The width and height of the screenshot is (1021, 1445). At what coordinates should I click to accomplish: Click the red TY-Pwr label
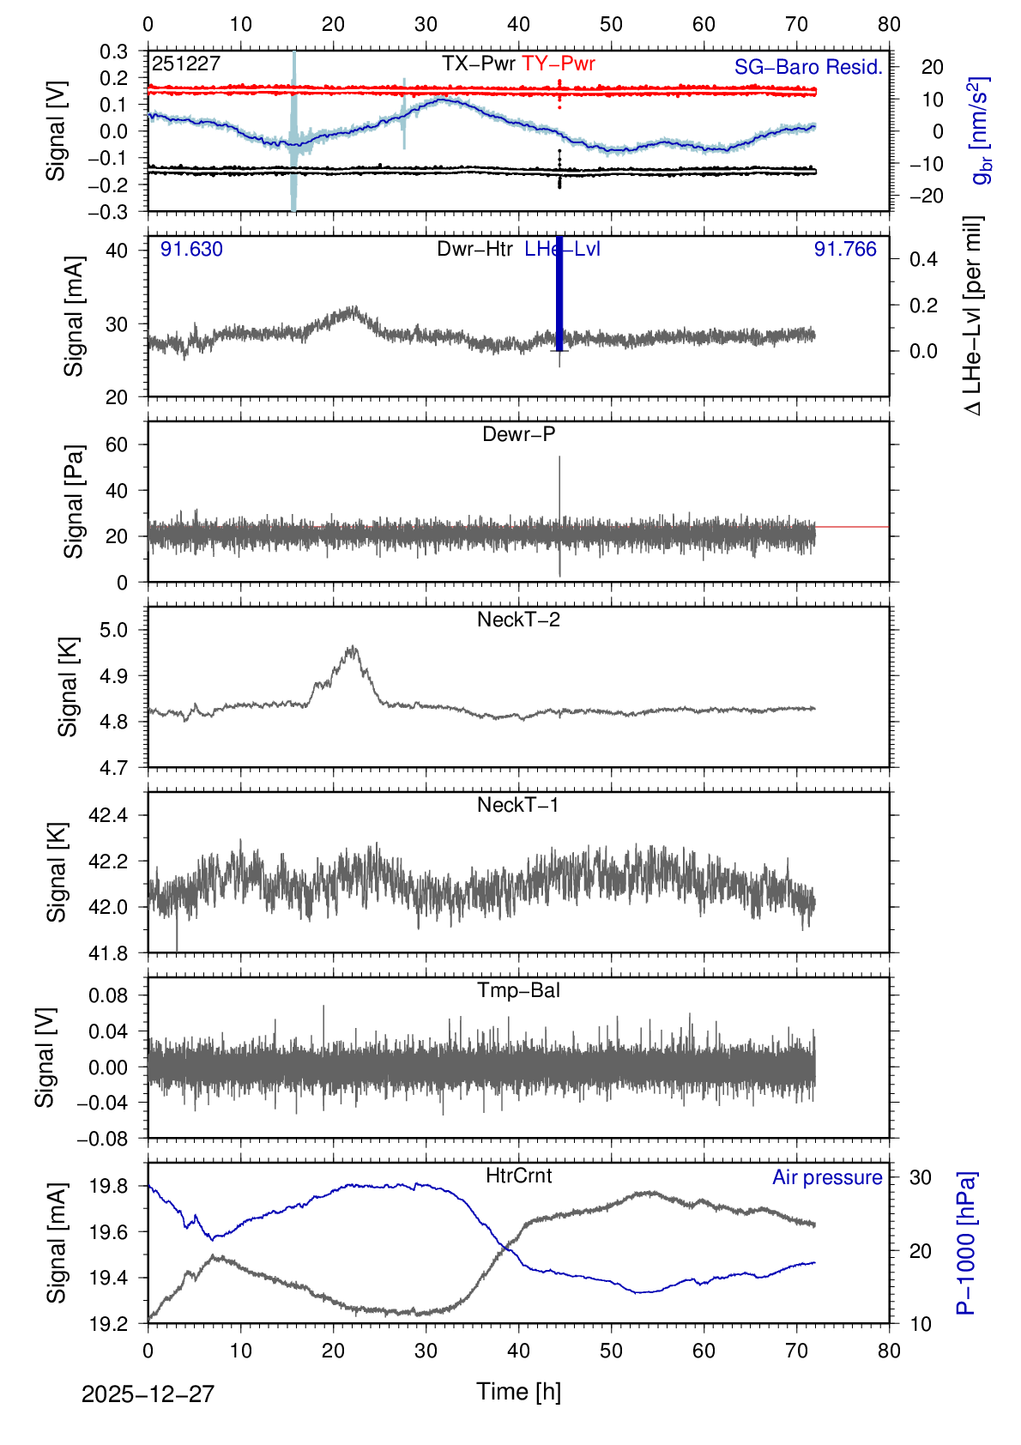point(558,63)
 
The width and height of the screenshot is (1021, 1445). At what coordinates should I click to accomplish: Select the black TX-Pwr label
point(479,63)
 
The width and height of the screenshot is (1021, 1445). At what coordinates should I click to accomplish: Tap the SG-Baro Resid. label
point(808,67)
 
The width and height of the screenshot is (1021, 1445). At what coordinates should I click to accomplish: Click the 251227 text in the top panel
point(186,63)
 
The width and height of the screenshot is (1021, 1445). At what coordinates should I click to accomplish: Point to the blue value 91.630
point(191,250)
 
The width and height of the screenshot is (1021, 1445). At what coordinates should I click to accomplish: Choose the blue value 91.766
point(845,250)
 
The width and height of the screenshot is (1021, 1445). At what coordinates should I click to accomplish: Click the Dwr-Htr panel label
point(474,250)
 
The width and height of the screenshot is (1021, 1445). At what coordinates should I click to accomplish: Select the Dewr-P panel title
point(518,434)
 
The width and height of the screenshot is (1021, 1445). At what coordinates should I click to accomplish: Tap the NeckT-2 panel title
point(518,620)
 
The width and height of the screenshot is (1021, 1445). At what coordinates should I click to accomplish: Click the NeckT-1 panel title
point(518,805)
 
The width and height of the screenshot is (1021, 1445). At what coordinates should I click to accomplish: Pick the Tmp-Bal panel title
point(518,990)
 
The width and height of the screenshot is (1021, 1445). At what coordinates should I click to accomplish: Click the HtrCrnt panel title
point(518,1176)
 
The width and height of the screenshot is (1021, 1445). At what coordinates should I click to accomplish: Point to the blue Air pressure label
point(827,1177)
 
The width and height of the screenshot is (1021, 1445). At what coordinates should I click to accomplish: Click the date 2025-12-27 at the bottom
point(148,1394)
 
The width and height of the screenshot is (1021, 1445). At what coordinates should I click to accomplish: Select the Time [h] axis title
point(518,1392)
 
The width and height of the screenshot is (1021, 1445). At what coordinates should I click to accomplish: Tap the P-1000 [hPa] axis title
point(967,1242)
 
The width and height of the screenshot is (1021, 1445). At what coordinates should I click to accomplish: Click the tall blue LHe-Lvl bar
point(559,292)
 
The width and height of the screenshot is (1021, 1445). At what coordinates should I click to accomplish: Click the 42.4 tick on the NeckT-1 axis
point(108,815)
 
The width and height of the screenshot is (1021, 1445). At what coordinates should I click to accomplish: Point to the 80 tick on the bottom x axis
point(889,1351)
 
